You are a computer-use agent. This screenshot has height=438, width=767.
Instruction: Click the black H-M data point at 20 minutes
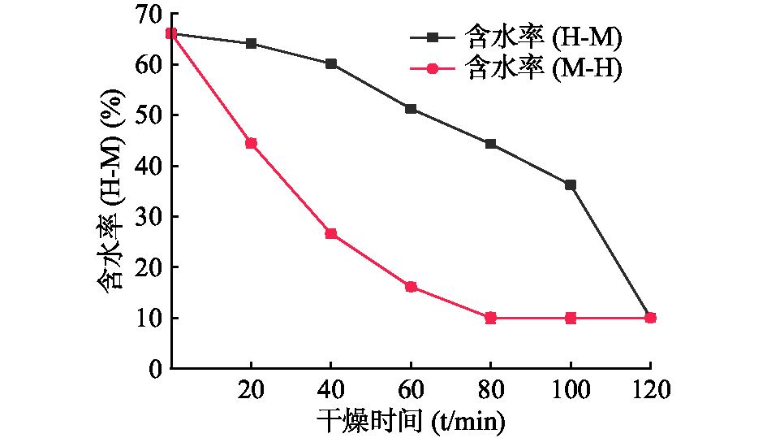[251, 43]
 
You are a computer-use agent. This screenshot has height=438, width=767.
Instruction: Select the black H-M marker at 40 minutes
[331, 63]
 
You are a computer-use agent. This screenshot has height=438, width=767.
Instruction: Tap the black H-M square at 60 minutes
[411, 108]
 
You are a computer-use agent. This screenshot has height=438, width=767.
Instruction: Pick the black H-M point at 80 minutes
[490, 144]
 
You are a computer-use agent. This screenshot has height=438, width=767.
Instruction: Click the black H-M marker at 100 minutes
[571, 184]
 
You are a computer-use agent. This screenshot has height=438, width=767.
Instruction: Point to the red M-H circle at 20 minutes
[251, 143]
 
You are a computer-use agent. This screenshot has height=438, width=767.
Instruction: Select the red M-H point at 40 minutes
[331, 233]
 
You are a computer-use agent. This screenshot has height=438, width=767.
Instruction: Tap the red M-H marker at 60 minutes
[411, 286]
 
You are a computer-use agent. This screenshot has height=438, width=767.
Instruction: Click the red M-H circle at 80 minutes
[490, 318]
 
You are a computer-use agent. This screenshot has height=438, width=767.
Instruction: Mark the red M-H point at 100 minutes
[571, 318]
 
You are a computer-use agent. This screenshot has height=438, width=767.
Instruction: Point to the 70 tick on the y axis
[148, 14]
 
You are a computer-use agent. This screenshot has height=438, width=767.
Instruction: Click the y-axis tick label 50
[148, 115]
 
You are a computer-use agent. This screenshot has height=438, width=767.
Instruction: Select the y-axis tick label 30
[148, 217]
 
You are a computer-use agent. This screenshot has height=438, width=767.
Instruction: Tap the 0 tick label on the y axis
[154, 368]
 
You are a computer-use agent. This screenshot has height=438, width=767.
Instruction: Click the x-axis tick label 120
[650, 390]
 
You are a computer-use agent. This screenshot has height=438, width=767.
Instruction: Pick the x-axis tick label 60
[411, 390]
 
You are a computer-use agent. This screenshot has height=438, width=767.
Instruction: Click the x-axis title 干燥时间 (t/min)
[410, 421]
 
